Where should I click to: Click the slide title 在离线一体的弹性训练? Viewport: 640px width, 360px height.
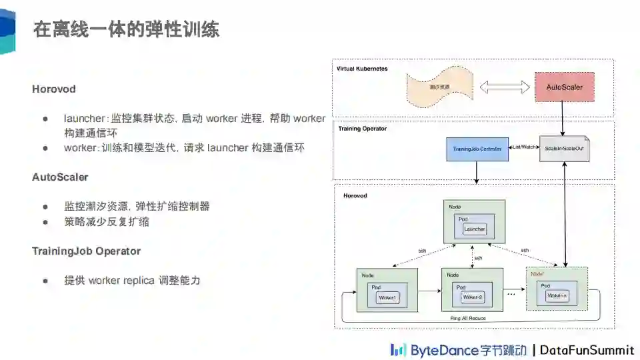[x=126, y=29]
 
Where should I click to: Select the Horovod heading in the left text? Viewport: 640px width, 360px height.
[x=54, y=89]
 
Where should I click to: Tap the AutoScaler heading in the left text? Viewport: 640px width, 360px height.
[x=60, y=177]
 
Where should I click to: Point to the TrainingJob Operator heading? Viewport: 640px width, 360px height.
[x=86, y=251]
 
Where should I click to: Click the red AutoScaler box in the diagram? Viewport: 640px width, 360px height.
[x=564, y=87]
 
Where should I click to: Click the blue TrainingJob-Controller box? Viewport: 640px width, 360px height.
[x=477, y=147]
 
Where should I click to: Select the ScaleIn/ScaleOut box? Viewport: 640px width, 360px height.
[x=564, y=147]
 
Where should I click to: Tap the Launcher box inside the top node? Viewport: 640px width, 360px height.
[x=475, y=229]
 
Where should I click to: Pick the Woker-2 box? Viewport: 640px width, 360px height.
[x=473, y=297]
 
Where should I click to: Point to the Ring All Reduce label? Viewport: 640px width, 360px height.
[x=468, y=319]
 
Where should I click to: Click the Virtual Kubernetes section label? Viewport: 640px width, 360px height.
[x=362, y=69]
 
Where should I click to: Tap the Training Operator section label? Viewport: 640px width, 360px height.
[x=362, y=128]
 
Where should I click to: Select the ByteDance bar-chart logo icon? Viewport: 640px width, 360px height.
[x=398, y=349]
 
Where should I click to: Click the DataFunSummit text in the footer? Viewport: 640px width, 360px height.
[x=587, y=350]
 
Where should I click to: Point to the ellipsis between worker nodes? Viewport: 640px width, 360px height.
[x=512, y=293]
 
